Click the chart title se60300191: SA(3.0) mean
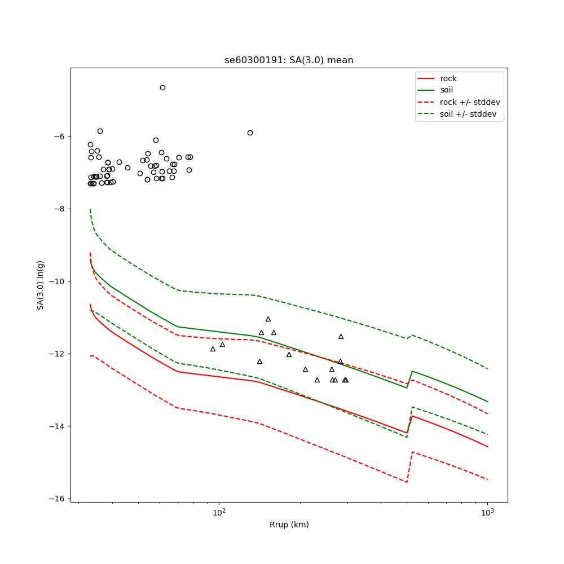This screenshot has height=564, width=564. [x=289, y=60]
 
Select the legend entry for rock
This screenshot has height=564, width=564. [x=448, y=78]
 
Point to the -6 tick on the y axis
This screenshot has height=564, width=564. [x=58, y=136]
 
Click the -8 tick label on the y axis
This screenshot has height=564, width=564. [x=58, y=209]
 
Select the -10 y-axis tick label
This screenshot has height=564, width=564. [x=56, y=281]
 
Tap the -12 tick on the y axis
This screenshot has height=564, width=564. [x=56, y=354]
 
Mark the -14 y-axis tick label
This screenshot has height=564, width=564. [x=56, y=426]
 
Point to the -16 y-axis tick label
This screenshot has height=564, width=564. [x=56, y=499]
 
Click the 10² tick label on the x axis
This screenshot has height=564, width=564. [x=219, y=512]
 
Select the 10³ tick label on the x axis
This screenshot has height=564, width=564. [x=487, y=512]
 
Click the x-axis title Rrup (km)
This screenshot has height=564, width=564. [x=289, y=525]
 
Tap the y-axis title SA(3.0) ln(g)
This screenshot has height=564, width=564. [x=41, y=285]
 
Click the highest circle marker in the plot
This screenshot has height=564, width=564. [x=162, y=87]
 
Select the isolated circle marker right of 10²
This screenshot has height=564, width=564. [x=250, y=133]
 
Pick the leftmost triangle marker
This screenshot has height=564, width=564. [x=213, y=349]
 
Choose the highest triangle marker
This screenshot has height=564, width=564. [x=268, y=319]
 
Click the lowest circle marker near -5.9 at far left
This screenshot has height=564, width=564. [x=100, y=131]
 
